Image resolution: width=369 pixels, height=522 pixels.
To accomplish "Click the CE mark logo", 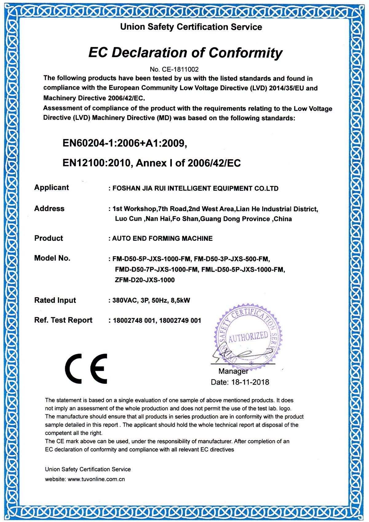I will pos(86,369).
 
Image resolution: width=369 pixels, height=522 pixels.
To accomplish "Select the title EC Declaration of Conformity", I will pos(185,53).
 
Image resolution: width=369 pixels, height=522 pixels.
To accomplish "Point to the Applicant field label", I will pos(51,188).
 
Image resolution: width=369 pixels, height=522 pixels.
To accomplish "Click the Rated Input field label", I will pos(55,300).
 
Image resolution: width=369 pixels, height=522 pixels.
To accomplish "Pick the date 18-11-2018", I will pos(250,382).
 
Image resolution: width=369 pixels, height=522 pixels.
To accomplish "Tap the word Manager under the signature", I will pos(233,371).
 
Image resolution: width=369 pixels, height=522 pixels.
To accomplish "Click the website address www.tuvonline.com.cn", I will pos(96,479).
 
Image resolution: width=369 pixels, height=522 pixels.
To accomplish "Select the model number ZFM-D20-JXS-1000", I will pos(145,280).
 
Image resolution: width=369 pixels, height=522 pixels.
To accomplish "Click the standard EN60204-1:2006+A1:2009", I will pos(125,143).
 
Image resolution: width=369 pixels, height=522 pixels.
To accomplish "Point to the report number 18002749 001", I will pos(180,321).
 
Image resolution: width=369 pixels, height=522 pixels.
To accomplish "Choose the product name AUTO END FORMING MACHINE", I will pos(162,239).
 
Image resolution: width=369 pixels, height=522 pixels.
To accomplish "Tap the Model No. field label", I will pos(52,258).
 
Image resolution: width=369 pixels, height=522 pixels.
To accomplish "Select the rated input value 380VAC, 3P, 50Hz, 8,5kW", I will pos(151,300).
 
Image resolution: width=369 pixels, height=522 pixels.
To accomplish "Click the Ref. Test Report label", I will pos(63,320).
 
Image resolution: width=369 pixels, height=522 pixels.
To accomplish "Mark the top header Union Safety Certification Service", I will pos(191,27).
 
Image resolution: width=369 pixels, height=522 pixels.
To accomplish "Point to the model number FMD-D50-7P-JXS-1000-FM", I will pos(157,270).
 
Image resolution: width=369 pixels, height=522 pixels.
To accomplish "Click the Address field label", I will pos(49,209).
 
